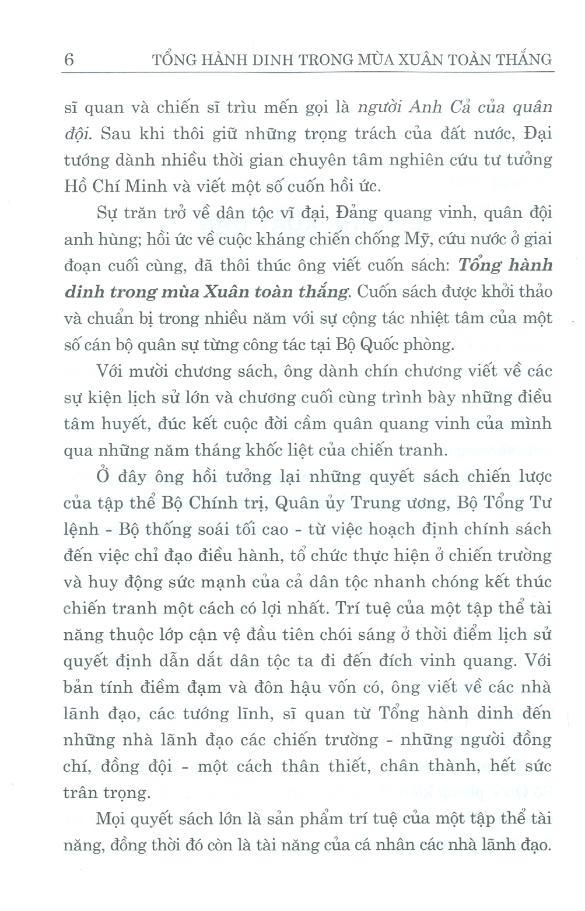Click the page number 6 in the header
pyautogui.click(x=69, y=59)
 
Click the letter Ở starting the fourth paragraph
pyautogui.click(x=103, y=476)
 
